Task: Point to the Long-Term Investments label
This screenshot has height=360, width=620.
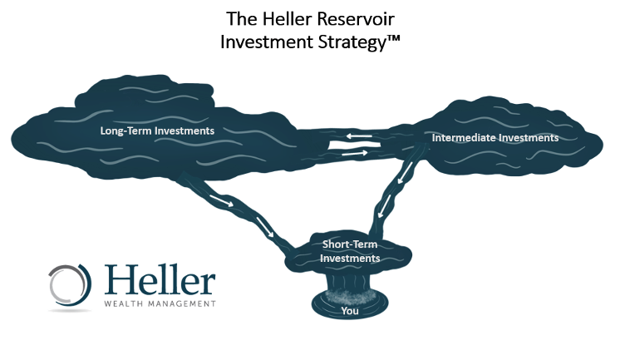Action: (x=157, y=131)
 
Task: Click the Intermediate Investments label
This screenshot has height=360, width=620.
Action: (x=495, y=137)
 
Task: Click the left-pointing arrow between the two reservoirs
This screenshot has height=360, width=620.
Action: (x=359, y=137)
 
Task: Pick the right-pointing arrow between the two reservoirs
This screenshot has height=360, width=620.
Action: (x=353, y=153)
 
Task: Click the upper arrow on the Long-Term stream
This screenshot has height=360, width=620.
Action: (x=220, y=202)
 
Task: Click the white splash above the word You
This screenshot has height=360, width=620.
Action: (x=350, y=294)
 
